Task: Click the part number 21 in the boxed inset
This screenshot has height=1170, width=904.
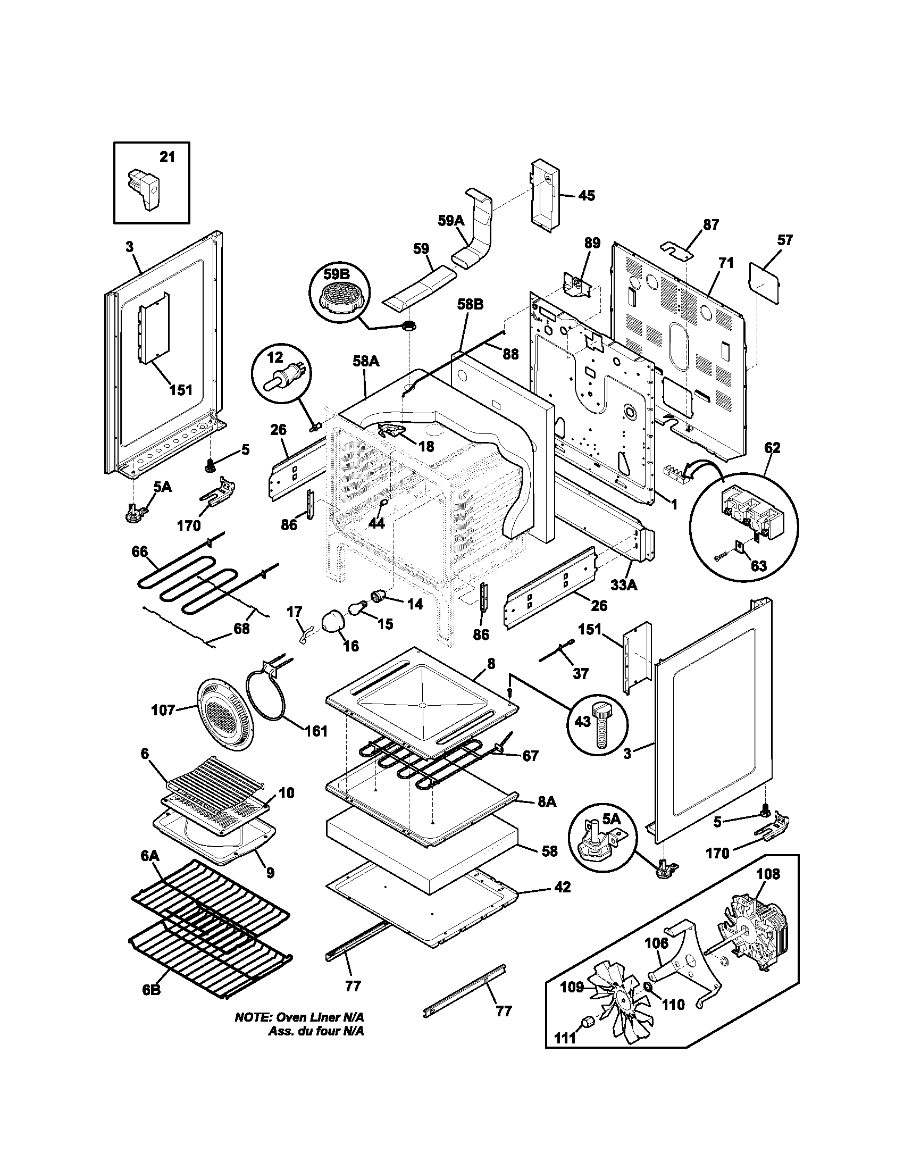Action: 167,157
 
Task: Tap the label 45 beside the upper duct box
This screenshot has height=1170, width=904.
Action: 587,196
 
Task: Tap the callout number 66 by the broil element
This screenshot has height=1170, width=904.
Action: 140,551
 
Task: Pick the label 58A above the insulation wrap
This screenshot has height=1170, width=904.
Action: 366,362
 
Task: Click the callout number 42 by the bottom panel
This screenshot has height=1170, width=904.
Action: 562,887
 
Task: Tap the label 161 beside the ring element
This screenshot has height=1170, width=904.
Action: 316,731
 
